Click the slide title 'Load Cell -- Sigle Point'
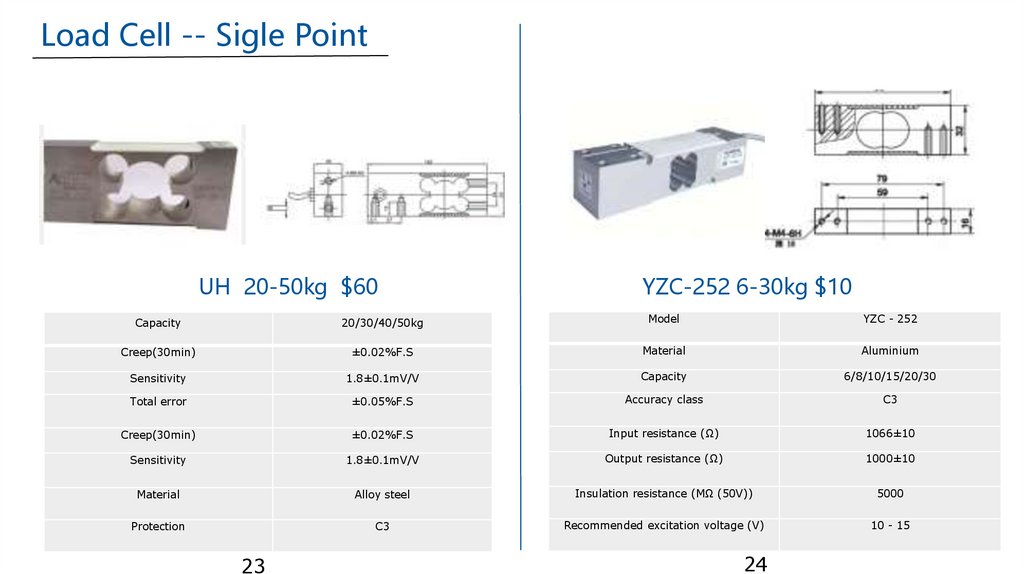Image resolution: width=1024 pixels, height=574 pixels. (204, 36)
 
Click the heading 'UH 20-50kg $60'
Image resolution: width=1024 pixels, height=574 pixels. (288, 287)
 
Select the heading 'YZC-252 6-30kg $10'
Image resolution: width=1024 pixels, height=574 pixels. (746, 287)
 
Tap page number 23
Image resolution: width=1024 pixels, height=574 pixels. (253, 566)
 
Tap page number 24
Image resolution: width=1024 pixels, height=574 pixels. (755, 565)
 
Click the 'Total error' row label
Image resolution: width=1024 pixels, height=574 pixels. (158, 402)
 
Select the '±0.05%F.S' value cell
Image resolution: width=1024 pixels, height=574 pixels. (382, 402)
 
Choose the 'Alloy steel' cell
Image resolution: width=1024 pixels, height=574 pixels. (382, 495)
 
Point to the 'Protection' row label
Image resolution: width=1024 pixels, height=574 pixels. (158, 527)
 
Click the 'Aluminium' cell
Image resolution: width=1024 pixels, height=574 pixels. (889, 351)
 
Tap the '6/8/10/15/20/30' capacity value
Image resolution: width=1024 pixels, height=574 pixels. (889, 377)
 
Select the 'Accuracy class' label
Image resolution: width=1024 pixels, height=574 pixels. (664, 400)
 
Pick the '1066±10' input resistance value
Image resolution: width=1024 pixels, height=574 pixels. (889, 434)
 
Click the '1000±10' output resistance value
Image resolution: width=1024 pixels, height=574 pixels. (889, 459)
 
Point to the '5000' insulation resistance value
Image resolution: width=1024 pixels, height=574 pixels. (889, 494)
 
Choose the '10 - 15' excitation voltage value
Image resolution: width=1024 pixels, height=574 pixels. (889, 526)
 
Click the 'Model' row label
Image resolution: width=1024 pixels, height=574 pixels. (664, 319)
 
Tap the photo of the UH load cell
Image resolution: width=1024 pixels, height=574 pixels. (141, 184)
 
